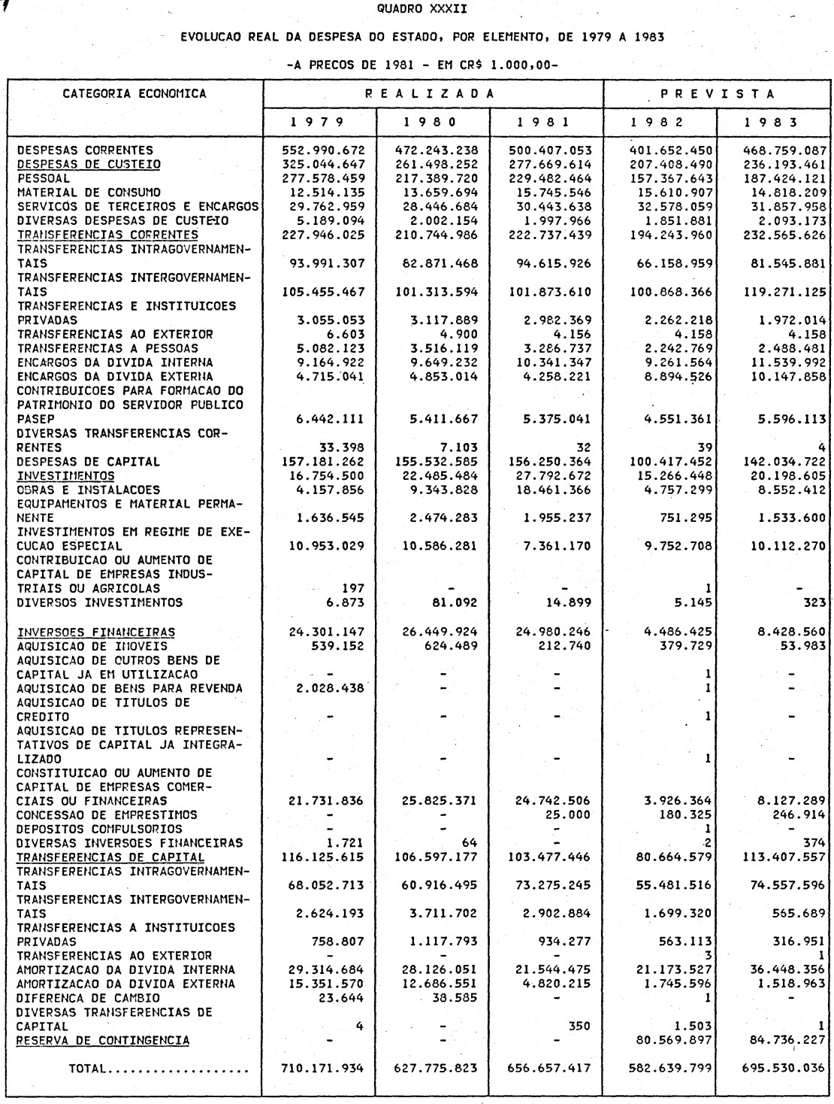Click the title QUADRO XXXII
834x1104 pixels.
tap(416, 10)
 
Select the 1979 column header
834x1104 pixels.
tap(319, 122)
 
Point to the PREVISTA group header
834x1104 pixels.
tap(718, 94)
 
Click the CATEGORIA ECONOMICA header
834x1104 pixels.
tap(134, 94)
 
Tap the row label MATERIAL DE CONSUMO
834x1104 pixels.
tap(89, 193)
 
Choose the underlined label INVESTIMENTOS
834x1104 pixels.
tap(66, 476)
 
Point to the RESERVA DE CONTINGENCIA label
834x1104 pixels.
tap(103, 1040)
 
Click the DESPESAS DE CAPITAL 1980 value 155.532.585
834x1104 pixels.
tap(436, 462)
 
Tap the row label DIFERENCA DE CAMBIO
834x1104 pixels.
tap(88, 998)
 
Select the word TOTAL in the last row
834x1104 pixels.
tap(89, 1068)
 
